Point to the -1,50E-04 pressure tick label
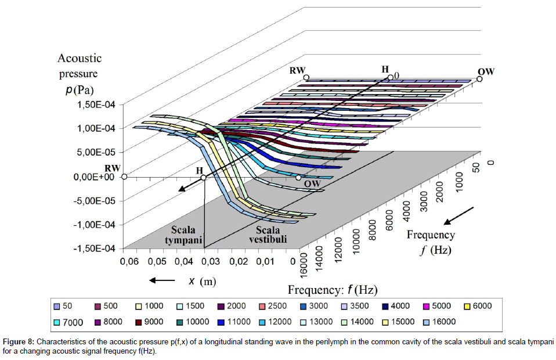(x=93, y=249)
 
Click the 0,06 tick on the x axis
(x=129, y=262)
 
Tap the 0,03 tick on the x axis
(x=211, y=262)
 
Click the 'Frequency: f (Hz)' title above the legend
(x=333, y=289)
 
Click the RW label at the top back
(x=298, y=70)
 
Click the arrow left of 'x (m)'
(x=162, y=281)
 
